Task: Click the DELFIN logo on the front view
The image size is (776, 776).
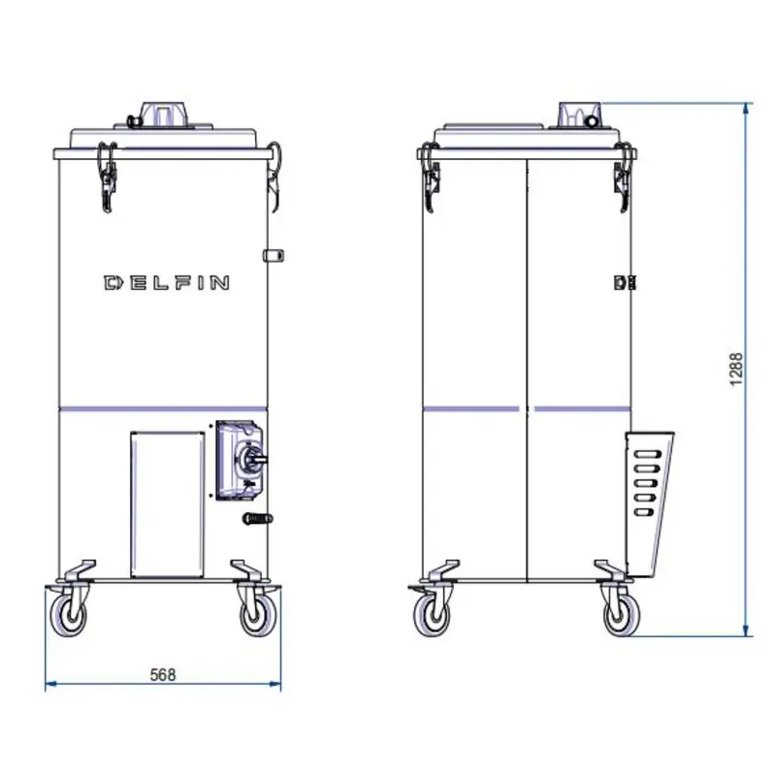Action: coord(167,282)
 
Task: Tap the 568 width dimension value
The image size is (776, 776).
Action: coord(163,675)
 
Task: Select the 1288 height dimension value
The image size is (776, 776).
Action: coord(736,370)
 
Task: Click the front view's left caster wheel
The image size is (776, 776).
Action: coord(68,615)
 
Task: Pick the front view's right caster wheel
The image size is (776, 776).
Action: coord(259,615)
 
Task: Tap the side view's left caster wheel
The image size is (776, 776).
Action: coord(432,615)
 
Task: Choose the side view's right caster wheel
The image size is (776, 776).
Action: coord(622,615)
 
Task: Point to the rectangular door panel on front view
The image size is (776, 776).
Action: coord(168,503)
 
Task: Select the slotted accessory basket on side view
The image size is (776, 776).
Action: coord(648,503)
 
